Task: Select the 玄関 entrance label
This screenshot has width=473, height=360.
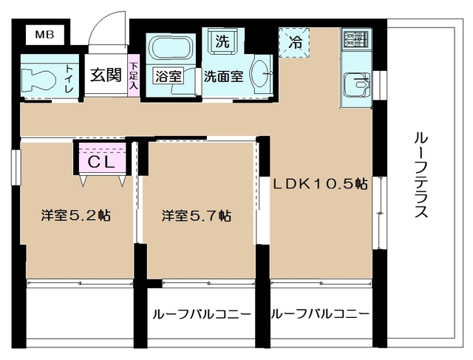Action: pyautogui.click(x=106, y=75)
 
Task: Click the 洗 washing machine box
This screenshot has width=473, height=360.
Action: pyautogui.click(x=221, y=41)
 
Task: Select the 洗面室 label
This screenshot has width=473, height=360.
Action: pyautogui.click(x=223, y=76)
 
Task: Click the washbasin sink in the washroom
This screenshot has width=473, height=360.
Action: pyautogui.click(x=261, y=75)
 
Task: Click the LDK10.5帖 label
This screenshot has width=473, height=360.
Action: pyautogui.click(x=321, y=185)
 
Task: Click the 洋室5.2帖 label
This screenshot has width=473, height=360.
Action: pyautogui.click(x=75, y=217)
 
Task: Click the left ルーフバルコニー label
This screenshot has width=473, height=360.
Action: pyautogui.click(x=200, y=314)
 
